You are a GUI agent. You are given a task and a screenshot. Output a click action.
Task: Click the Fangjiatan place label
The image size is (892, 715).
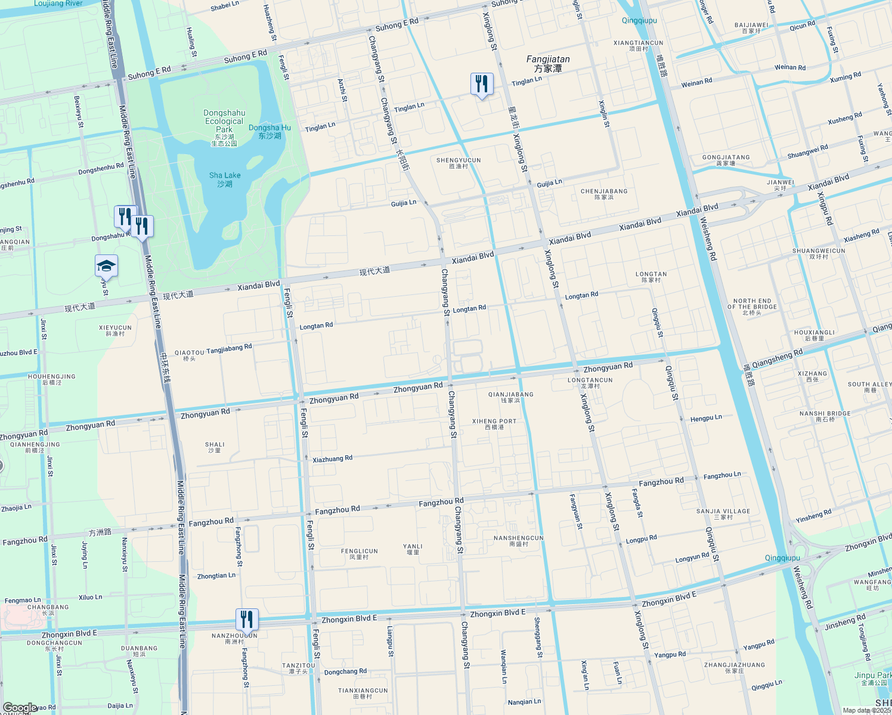click(548, 64)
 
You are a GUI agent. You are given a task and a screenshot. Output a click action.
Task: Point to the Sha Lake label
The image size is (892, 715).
click(225, 179)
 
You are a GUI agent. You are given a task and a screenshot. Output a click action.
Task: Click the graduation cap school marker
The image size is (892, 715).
click(106, 266)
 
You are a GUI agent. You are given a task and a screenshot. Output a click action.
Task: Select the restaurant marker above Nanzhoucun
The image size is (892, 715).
click(247, 620)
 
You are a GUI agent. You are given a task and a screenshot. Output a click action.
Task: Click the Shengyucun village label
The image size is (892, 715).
click(459, 163)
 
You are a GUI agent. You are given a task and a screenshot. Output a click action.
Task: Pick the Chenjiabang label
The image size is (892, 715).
click(604, 194)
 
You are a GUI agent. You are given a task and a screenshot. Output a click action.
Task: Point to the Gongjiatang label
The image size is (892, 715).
click(726, 160)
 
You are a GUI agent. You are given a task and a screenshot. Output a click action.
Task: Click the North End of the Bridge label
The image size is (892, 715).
click(752, 307)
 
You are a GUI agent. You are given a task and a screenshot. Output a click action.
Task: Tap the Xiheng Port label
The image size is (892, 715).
click(494, 424)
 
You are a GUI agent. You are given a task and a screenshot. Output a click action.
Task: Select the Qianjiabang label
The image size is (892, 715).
click(510, 397)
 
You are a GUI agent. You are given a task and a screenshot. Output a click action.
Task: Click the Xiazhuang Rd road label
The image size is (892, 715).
click(332, 459)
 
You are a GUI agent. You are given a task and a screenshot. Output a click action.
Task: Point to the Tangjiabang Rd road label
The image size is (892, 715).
click(229, 349)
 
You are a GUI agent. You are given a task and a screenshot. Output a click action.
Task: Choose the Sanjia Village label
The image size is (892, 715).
click(723, 514)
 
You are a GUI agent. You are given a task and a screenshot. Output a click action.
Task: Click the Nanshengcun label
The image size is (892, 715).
click(518, 540)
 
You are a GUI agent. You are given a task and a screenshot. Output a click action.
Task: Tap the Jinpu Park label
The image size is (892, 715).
click(873, 678)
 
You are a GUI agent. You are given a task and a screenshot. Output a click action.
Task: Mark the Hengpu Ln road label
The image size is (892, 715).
click(706, 418)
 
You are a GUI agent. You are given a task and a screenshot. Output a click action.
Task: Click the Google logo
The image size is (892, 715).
click(20, 708)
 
